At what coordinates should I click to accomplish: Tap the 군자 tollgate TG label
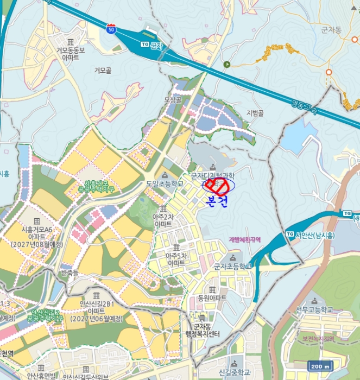tap(151, 45)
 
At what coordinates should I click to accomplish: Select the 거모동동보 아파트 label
tap(70, 53)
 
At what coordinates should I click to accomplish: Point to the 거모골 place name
tap(103, 71)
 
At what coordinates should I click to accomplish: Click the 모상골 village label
tap(172, 100)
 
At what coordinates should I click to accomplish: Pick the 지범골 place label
tap(255, 113)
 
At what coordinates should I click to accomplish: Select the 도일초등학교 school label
tap(165, 183)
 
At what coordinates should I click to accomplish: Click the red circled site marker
tap(217, 186)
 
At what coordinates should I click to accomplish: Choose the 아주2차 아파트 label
tap(163, 220)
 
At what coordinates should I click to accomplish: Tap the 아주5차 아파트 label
tap(176, 258)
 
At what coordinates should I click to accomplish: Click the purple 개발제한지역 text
tap(245, 239)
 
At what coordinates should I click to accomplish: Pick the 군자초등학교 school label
tap(232, 266)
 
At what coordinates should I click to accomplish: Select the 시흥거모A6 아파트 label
tap(37, 233)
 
